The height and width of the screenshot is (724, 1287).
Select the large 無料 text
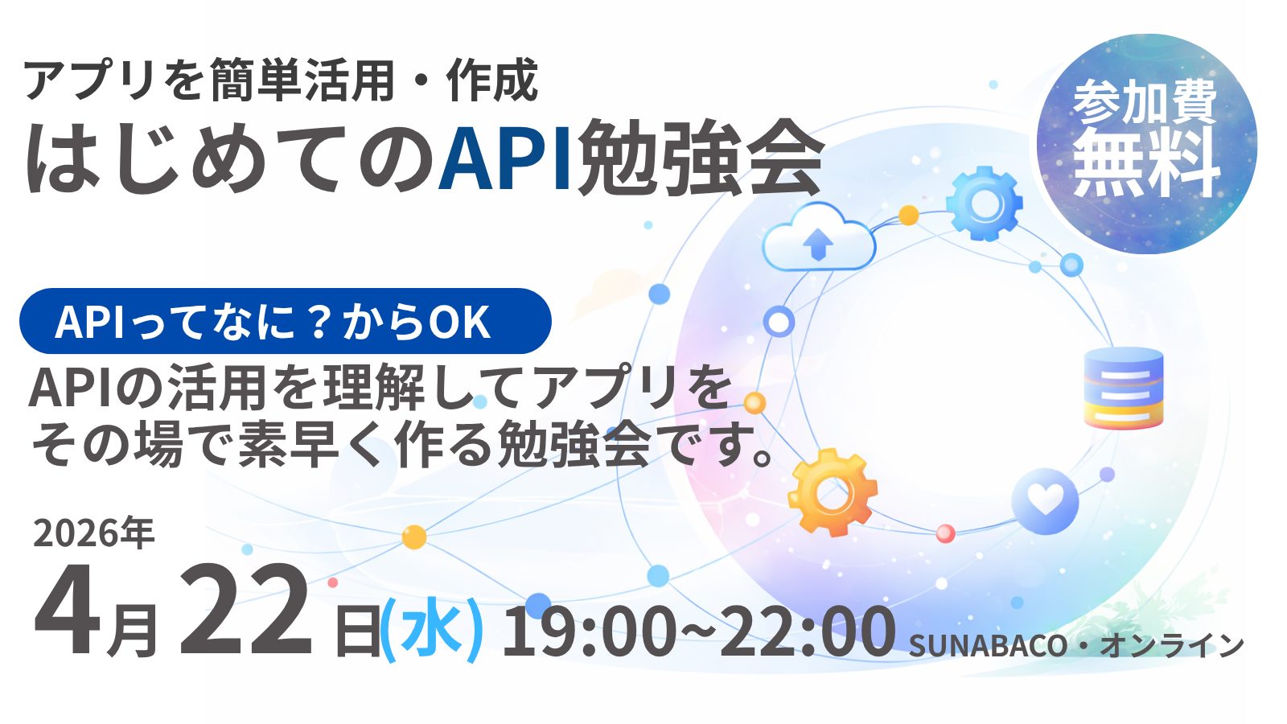coord(1147,162)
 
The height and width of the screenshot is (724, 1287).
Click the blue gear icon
coord(985,204)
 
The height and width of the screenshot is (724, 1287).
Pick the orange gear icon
coord(832,493)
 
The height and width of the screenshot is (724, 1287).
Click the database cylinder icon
coord(1123,388)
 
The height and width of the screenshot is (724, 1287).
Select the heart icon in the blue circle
coord(1045,501)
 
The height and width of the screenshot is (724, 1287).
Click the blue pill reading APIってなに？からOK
coord(286,321)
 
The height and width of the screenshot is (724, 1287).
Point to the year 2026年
coord(93,533)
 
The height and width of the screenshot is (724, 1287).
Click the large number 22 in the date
coord(246,611)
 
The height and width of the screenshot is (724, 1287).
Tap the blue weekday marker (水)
coord(432,631)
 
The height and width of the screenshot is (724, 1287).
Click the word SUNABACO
coord(989,646)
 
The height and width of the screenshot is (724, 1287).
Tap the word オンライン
coord(1171,645)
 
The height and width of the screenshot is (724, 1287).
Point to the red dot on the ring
coord(946,533)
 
